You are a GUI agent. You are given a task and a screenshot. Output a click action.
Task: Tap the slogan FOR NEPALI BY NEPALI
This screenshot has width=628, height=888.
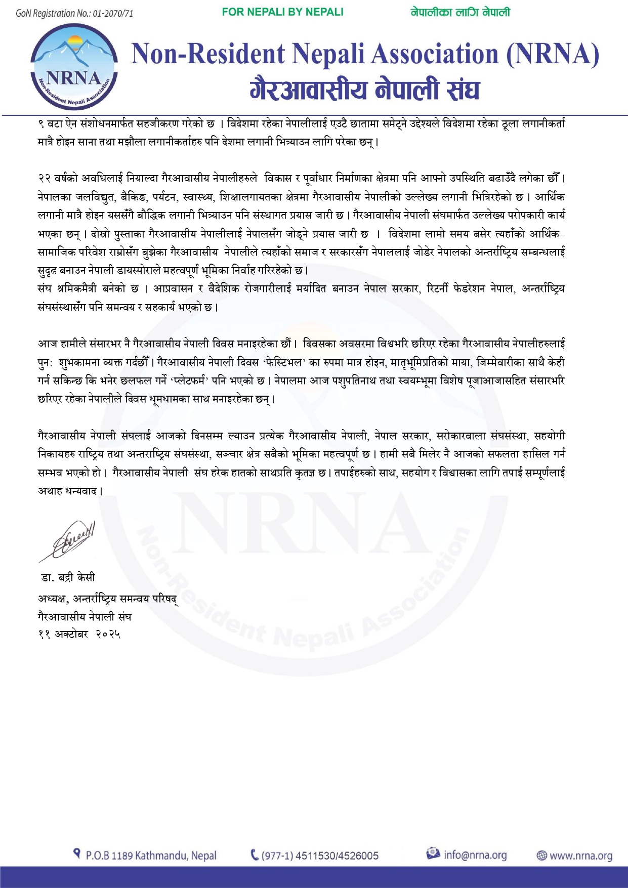tap(282, 12)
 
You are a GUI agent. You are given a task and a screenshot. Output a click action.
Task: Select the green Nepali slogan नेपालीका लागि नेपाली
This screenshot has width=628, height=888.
tap(460, 12)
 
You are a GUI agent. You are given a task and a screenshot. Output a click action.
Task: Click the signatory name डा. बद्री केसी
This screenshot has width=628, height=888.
tap(68, 578)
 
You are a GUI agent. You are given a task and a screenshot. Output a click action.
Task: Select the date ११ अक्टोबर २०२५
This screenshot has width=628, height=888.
tap(79, 634)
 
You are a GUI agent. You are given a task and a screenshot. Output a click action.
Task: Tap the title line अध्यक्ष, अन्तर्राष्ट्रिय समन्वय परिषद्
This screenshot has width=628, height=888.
tap(108, 599)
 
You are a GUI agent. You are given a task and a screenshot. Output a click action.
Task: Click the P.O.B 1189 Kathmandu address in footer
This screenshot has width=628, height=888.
tap(151, 856)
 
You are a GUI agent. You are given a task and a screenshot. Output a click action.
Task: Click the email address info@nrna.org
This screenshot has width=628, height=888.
tap(475, 855)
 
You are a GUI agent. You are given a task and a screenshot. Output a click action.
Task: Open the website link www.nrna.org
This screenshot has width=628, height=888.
tap(580, 856)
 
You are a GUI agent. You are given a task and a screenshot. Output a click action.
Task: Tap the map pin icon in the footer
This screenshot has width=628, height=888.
tap(77, 854)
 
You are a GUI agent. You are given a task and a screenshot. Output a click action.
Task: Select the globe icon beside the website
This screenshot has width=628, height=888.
tap(541, 856)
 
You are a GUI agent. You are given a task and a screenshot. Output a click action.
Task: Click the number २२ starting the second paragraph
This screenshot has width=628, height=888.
tap(44, 179)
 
